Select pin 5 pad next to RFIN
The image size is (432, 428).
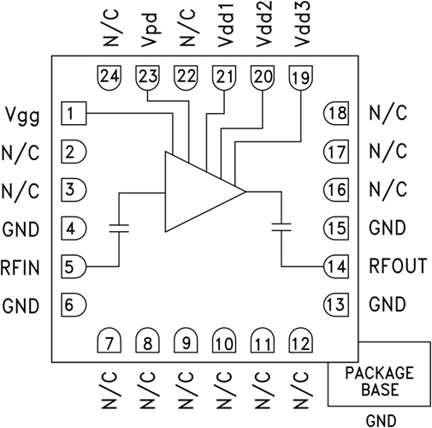point(74,266)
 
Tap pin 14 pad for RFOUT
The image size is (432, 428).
point(335,266)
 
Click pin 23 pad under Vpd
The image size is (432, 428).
point(147,76)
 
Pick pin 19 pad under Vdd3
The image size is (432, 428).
point(300,76)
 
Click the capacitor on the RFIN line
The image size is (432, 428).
point(118,228)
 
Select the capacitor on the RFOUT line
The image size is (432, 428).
point(280,227)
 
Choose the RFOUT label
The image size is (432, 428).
point(397,266)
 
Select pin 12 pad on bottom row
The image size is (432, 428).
point(300,342)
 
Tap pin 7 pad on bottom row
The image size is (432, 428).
point(109,342)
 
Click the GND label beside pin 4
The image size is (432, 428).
point(21,229)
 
